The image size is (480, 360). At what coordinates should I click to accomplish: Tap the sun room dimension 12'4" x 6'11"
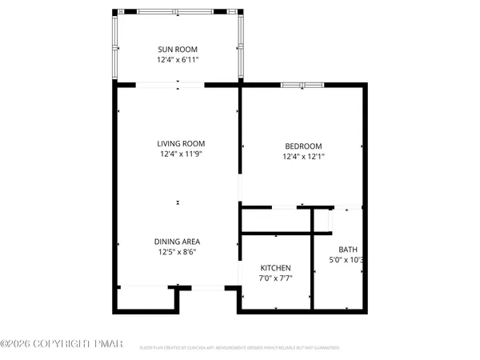(x=178, y=60)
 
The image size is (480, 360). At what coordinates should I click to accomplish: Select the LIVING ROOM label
(x=178, y=144)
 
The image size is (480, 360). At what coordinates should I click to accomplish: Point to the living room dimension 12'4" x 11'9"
(x=178, y=154)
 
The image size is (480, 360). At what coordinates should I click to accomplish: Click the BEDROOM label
(x=303, y=146)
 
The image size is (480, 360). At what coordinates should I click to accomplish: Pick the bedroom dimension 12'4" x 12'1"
(x=303, y=157)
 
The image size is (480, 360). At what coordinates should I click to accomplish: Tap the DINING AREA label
(x=178, y=241)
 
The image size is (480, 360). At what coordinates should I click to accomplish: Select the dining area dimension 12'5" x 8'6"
(x=178, y=252)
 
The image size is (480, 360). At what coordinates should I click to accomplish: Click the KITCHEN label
(x=275, y=268)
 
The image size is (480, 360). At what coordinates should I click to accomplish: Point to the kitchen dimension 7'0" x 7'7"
(x=275, y=278)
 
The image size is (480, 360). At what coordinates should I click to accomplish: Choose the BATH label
(x=348, y=249)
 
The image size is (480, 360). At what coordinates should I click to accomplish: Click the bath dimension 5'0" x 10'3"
(x=348, y=260)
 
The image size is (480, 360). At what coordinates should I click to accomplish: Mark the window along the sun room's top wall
(x=177, y=12)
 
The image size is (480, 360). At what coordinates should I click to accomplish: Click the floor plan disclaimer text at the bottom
(x=240, y=348)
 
